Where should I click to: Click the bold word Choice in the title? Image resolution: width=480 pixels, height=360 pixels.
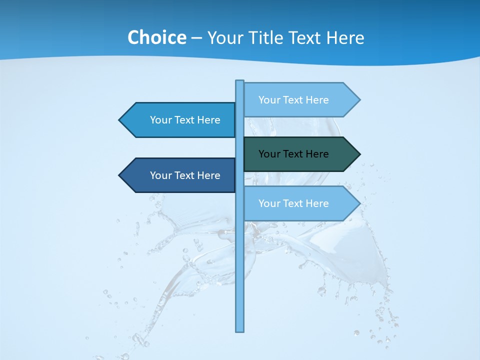click(156, 37)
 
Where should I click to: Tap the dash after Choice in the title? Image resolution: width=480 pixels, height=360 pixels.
click(196, 38)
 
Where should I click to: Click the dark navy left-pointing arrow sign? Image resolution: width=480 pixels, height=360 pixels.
click(180, 175)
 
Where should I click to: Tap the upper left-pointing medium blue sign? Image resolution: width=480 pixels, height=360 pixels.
click(180, 120)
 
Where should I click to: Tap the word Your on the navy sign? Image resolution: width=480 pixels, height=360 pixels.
click(160, 175)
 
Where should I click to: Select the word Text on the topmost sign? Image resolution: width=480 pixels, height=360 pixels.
click(294, 100)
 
